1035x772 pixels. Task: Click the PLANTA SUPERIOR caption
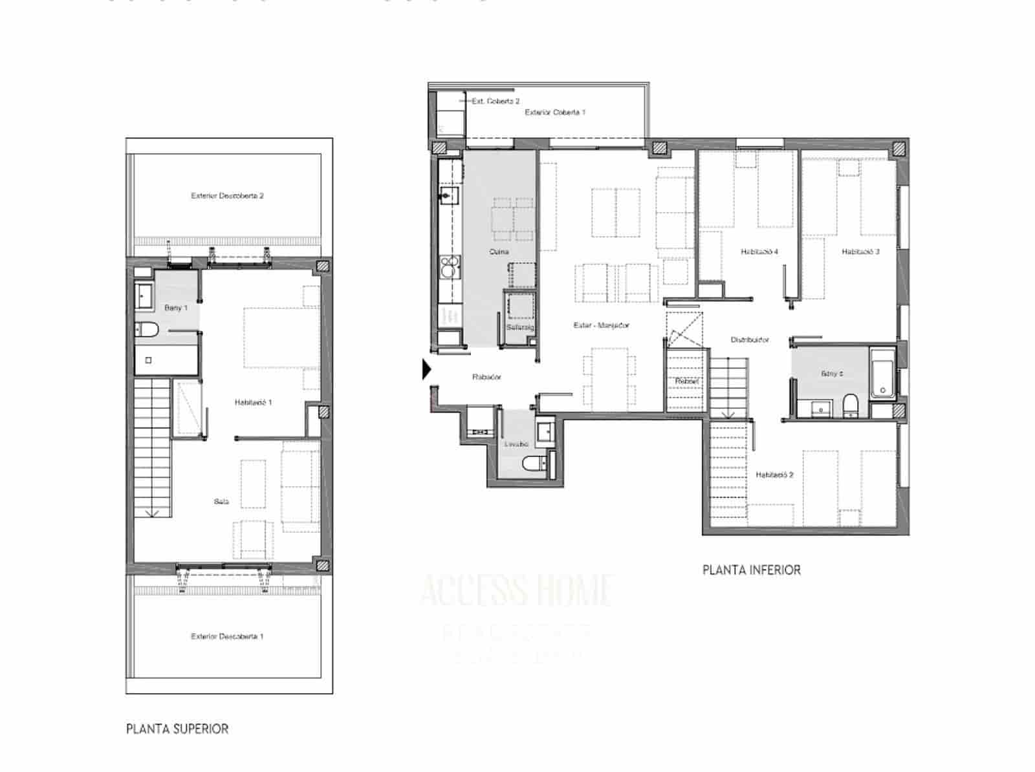[177, 729]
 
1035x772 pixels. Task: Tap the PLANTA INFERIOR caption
[751, 570]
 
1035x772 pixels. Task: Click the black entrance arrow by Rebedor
[426, 369]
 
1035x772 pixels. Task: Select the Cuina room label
[499, 252]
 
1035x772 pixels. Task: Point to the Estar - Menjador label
[601, 325]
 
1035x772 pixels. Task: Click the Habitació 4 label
[759, 252]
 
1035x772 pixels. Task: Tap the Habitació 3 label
[860, 252]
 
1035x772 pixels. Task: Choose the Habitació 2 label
[774, 475]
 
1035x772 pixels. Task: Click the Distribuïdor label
[750, 339]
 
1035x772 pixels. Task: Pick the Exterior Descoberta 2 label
[227, 195]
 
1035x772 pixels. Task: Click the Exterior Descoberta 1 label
[227, 636]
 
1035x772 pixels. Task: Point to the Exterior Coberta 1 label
[555, 112]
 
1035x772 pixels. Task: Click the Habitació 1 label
[253, 402]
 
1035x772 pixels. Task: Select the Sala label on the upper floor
[221, 501]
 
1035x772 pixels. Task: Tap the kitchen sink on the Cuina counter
[448, 195]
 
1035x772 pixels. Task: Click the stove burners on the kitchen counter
[449, 264]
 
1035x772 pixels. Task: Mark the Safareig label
[519, 327]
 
